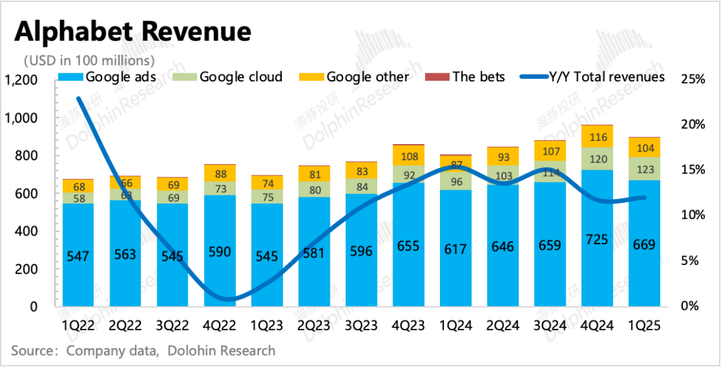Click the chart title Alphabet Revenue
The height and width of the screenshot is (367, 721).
point(134,31)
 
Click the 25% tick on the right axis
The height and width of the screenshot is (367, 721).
point(692,79)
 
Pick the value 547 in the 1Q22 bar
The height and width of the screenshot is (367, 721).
point(78,254)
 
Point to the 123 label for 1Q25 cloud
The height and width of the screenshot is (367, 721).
point(644,169)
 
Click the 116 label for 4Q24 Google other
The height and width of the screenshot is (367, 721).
point(597,137)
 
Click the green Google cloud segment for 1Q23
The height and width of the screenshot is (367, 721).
point(266,197)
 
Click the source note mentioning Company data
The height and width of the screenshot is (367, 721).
point(143,350)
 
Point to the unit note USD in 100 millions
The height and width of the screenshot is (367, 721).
point(89,60)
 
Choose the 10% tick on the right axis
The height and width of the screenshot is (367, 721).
point(692,216)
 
